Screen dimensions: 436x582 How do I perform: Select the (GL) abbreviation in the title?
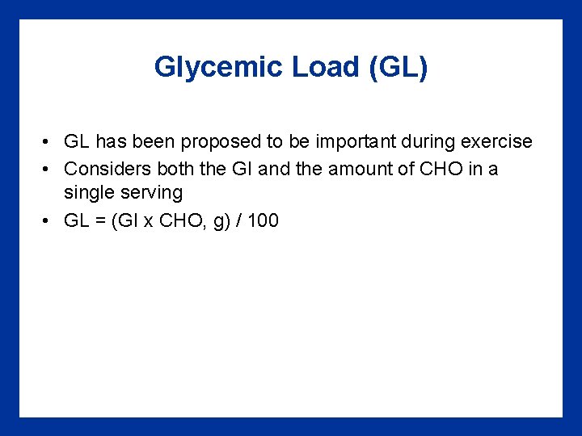pyautogui.click(x=398, y=67)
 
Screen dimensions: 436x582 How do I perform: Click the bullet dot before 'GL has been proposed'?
pyautogui.click(x=49, y=143)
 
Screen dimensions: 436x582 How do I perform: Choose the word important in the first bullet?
pyautogui.click(x=355, y=142)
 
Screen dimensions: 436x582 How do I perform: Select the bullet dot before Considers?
pyautogui.click(x=49, y=169)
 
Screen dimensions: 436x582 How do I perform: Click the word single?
pyautogui.click(x=86, y=193)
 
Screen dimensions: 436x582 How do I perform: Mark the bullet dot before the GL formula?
pyautogui.click(x=49, y=220)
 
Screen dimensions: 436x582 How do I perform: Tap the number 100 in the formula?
pyautogui.click(x=263, y=220)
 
